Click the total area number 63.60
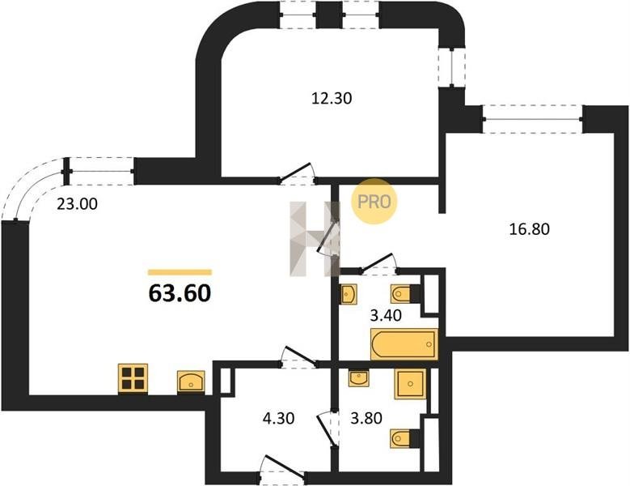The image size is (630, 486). coord(180,293)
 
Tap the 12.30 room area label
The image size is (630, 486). coord(332,98)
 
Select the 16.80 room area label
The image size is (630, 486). coord(529,229)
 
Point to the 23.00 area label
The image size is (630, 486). coord(77,204)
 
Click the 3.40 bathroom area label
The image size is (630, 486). coord(386,315)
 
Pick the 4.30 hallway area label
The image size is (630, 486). coord(278,419)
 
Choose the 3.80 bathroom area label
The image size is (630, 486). coord(366,419)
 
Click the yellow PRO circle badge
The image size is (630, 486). coord(374,201)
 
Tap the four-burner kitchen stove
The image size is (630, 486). coord(133,378)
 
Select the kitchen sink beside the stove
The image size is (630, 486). coord(191,381)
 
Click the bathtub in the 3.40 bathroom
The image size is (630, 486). coord(404,344)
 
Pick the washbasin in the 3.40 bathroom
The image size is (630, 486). coord(348,294)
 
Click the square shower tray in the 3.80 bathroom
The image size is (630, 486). coord(410,384)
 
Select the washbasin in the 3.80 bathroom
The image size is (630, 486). coord(358,378)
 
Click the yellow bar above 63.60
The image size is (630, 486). coord(180,272)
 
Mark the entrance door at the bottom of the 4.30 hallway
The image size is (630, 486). coord(282,469)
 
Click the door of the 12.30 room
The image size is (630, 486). coord(297,173)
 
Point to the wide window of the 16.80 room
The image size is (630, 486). coord(533,119)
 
